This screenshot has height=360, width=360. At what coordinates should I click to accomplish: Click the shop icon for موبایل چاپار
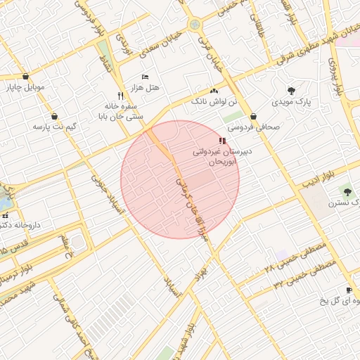26,77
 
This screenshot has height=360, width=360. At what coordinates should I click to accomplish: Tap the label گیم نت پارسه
53,127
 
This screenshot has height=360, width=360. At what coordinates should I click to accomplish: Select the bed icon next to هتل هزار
145,77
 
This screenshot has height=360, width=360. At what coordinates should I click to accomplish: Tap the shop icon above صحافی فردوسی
253,117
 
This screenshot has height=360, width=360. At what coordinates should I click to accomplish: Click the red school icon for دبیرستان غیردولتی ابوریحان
223,141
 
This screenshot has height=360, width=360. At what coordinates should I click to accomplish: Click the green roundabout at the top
194,25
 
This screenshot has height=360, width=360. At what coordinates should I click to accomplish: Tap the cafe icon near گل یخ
349,290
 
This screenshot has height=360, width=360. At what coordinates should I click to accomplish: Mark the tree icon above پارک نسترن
346,191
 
